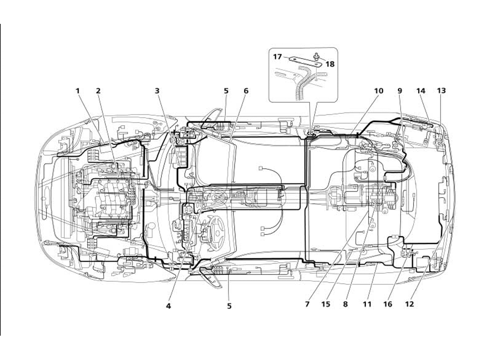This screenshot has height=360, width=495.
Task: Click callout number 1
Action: pos(77,90)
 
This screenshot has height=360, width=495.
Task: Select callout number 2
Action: pos(98,90)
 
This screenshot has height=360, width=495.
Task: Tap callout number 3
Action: pos(157,90)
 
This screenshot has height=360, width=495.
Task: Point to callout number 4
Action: pos(168,306)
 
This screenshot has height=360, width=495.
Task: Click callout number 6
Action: pos(246,90)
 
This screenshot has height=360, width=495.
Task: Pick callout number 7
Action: pos(307,304)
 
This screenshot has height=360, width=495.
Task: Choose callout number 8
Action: pos(346,304)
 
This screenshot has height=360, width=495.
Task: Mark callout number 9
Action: pos(400,90)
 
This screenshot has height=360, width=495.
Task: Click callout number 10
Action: pos(378,90)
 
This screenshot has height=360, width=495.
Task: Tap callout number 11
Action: pos(367,304)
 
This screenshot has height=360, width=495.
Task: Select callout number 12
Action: pos(409,304)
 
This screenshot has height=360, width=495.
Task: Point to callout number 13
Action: pos(441,90)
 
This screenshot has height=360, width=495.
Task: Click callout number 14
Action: pos(421,90)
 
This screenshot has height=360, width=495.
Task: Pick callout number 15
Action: pos(326,304)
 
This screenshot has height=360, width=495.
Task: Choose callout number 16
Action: pos(387,304)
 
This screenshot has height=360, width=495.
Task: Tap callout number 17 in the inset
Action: pos(277,57)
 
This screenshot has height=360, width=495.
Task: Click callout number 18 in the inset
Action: pos(330,64)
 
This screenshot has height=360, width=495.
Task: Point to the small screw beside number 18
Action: pos(318,56)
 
